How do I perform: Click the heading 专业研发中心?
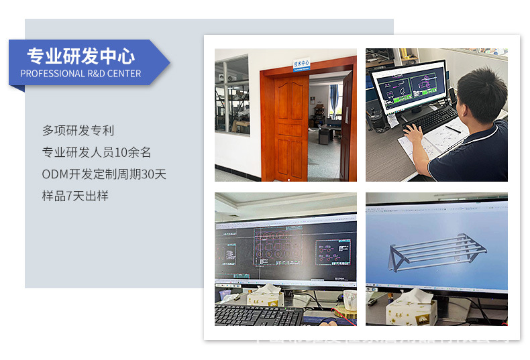81,56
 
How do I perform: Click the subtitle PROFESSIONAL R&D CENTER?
81,74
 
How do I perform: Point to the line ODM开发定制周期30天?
104,174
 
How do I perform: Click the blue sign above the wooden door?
302,64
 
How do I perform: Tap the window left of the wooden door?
231,95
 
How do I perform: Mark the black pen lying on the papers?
454,129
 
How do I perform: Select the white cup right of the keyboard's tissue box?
349,301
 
